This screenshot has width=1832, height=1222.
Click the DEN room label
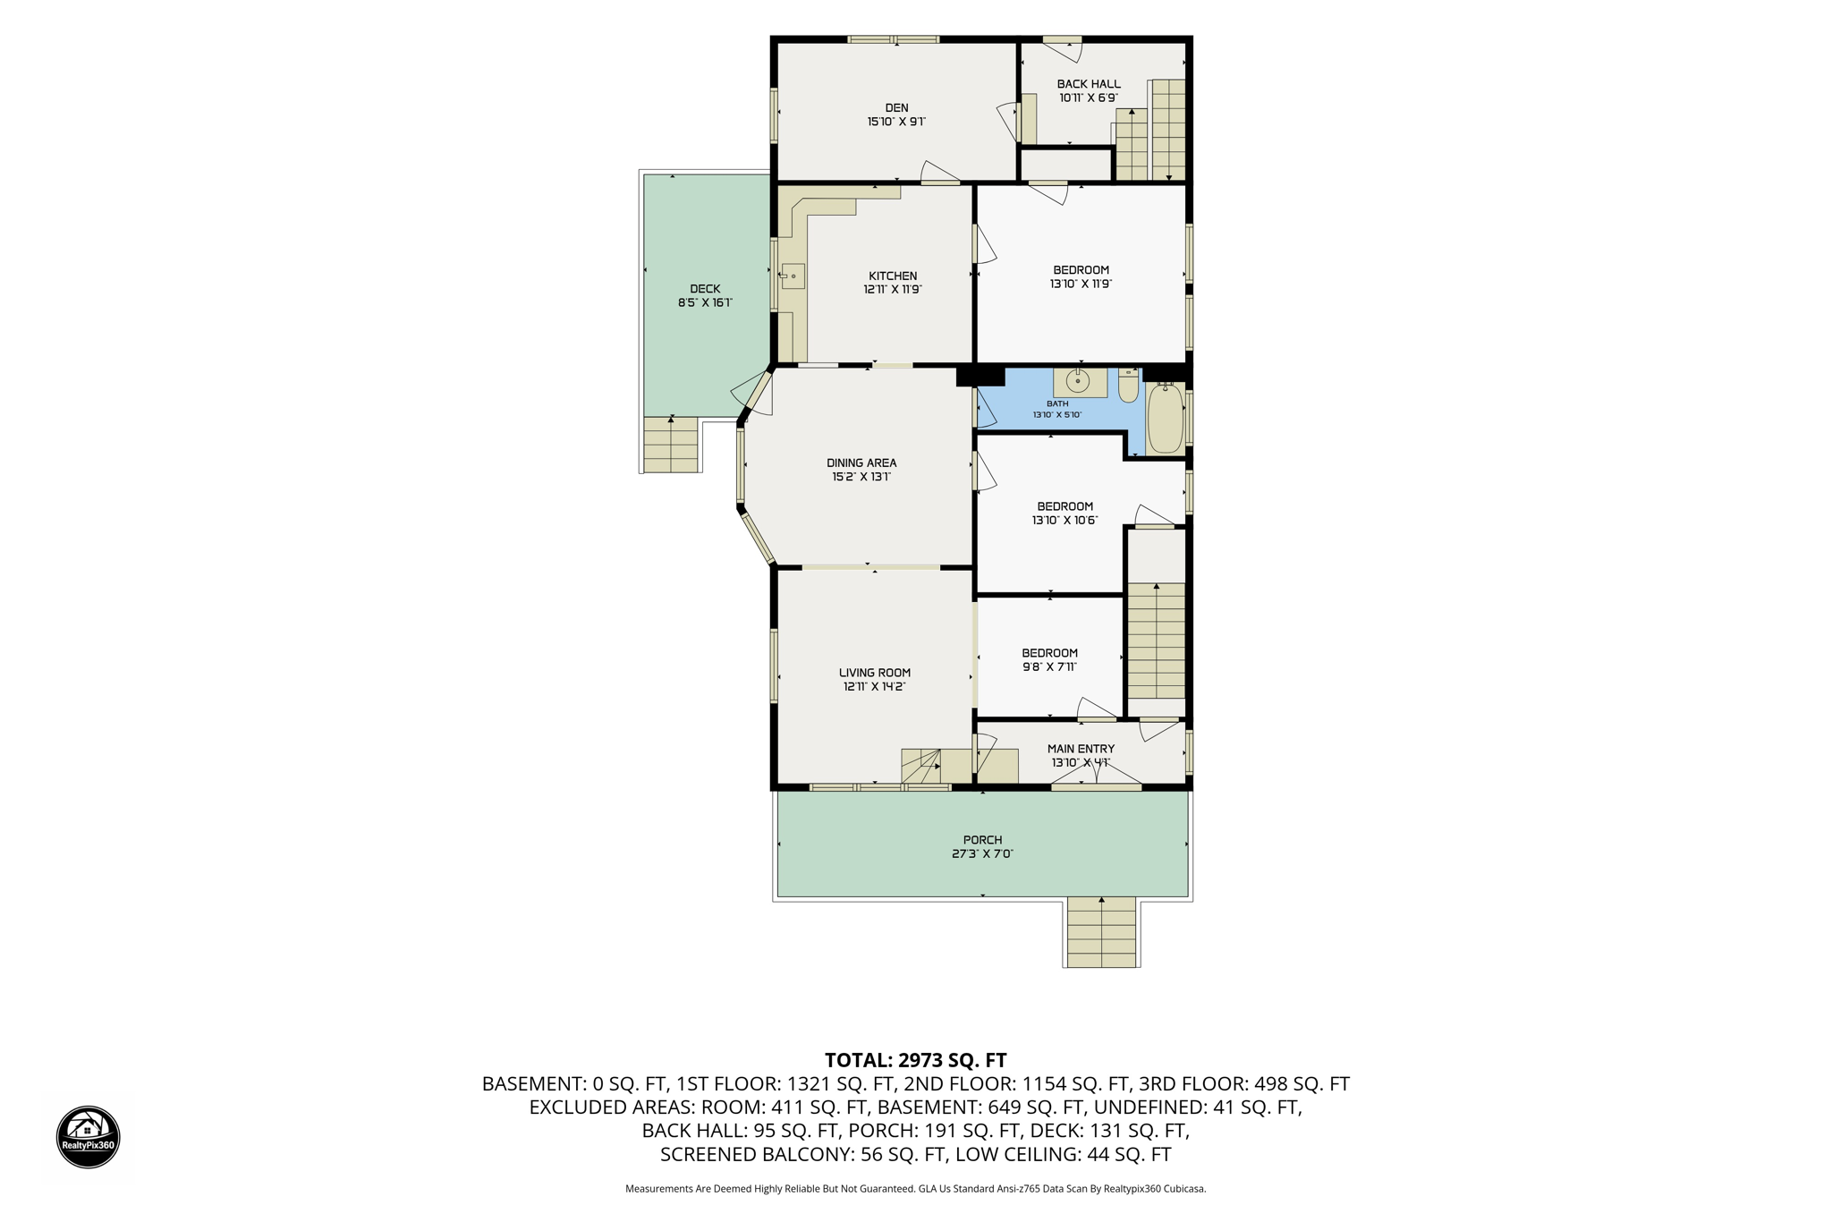896,108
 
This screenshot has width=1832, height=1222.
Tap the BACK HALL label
1089,84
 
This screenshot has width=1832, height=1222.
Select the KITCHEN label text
893,276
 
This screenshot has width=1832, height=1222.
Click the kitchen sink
793,276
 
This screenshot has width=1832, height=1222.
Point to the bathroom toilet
1129,386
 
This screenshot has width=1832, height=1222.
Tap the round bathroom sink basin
1079,382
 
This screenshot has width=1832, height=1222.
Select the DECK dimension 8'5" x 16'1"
705,302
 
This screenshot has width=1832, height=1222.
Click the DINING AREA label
861,462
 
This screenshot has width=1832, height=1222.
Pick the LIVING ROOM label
875,673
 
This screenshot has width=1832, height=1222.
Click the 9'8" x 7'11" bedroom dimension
1049,666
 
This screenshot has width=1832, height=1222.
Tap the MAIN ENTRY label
1081,749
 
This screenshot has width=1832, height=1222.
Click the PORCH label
982,840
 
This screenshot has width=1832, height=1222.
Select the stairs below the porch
1101,932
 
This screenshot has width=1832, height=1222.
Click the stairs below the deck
671,445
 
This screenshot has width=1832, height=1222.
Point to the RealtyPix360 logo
89,1137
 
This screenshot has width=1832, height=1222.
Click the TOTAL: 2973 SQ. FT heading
916,1060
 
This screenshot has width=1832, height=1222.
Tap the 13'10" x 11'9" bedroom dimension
1081,284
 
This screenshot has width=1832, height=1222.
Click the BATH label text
1057,403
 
